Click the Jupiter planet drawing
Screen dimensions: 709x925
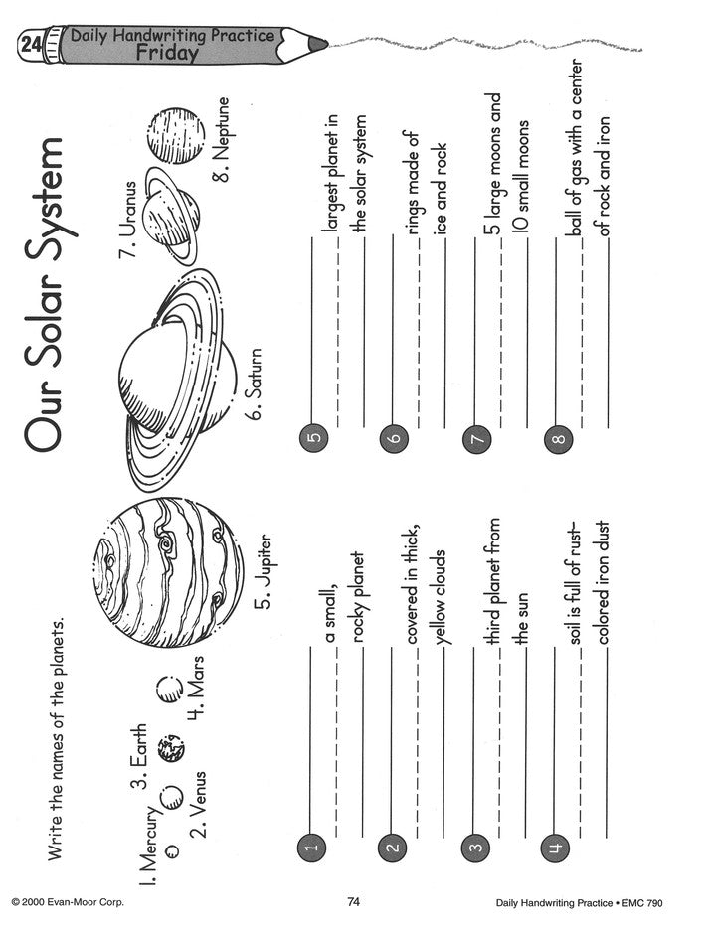click(168, 572)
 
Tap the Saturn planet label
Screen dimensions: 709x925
click(255, 384)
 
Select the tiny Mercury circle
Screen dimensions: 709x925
click(172, 850)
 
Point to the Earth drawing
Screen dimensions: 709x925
click(171, 747)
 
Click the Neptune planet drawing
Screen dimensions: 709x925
click(175, 135)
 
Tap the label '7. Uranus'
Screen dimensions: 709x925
click(128, 220)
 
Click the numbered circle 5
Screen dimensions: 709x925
click(314, 438)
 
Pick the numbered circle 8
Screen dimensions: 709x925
click(559, 439)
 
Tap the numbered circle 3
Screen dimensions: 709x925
click(476, 848)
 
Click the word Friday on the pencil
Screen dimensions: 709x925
click(167, 52)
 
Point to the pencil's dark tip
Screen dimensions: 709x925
click(317, 44)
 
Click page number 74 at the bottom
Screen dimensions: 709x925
click(353, 901)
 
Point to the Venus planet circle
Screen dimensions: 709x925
click(172, 798)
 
